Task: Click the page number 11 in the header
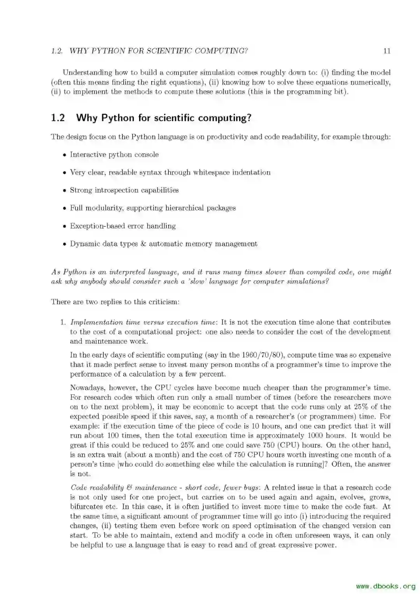tap(387, 51)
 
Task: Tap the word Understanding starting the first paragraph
tap(87, 73)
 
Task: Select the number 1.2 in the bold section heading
tap(58, 118)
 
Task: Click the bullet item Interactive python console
tap(114, 155)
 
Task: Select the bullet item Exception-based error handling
tap(122, 226)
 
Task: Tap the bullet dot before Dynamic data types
tap(65, 244)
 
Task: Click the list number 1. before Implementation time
tap(62, 322)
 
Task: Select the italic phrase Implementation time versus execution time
tap(143, 322)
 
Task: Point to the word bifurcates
tap(86, 507)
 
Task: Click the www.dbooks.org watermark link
tap(385, 586)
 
